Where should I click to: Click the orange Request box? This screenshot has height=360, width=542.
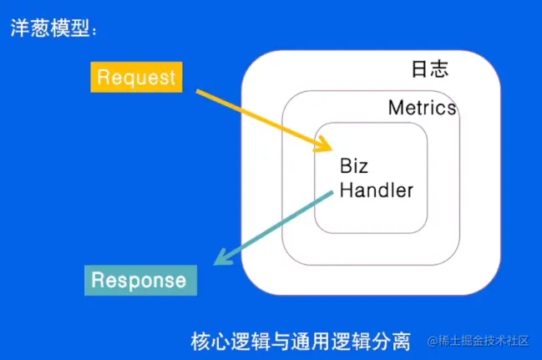[x=136, y=77]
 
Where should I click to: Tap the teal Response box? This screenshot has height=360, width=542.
[x=140, y=280]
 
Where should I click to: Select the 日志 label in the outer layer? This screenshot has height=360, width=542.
[x=430, y=68]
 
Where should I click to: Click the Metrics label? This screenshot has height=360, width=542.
[x=422, y=107]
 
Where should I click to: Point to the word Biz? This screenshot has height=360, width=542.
[x=353, y=165]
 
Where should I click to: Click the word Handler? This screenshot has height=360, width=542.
[x=377, y=190]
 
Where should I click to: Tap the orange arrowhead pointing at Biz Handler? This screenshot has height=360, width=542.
[x=323, y=144]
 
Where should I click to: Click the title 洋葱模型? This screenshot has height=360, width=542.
[x=50, y=28]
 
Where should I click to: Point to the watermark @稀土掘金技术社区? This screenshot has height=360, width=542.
[x=479, y=341]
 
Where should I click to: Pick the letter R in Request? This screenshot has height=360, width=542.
[x=103, y=76]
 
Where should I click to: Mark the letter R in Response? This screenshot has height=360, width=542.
[x=97, y=280]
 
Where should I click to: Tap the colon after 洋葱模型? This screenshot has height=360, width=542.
[x=94, y=30]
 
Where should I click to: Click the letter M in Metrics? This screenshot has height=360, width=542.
[x=396, y=108]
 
